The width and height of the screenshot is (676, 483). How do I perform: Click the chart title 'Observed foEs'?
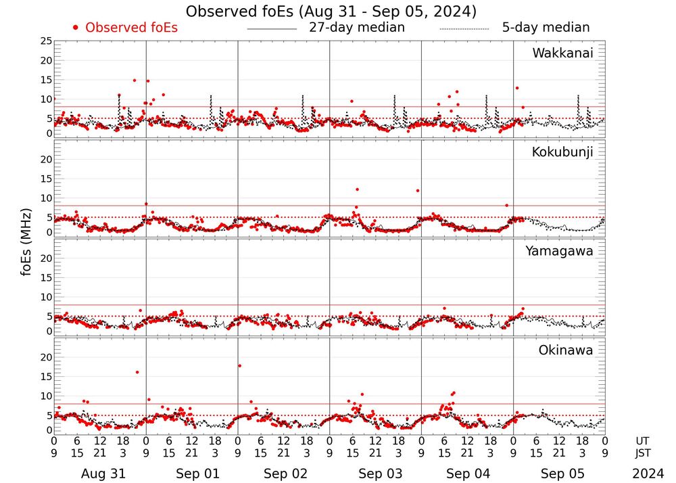(331, 11)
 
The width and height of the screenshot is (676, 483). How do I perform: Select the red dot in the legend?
(76, 28)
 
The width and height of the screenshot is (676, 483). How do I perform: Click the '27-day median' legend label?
(356, 28)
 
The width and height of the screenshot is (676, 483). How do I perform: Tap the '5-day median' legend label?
(546, 28)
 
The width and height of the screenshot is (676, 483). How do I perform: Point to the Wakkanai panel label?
(562, 53)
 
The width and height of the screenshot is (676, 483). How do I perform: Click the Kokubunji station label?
(562, 152)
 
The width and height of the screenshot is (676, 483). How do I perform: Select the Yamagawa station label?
(559, 251)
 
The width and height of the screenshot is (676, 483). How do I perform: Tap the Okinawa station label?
(565, 350)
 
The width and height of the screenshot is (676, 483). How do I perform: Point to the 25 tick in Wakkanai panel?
(45, 41)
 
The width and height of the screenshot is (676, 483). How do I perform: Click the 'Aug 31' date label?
(99, 474)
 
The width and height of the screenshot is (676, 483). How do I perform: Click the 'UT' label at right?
(642, 440)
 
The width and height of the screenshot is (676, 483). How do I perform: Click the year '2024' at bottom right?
(648, 474)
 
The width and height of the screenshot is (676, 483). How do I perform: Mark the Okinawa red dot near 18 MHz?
(239, 366)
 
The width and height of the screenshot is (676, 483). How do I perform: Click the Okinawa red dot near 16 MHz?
(137, 372)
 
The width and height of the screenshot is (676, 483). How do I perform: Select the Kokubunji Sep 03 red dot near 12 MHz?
(357, 189)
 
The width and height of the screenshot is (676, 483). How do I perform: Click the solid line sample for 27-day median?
(272, 29)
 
